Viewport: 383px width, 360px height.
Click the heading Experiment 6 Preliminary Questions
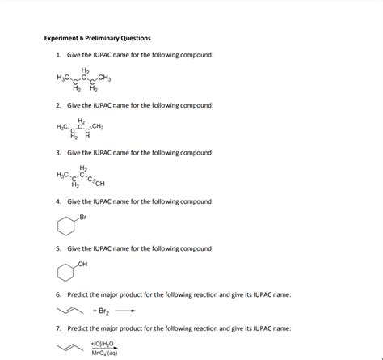(97, 38)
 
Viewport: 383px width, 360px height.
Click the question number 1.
(58, 55)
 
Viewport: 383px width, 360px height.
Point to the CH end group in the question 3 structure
(99, 182)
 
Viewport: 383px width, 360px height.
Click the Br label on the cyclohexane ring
(82, 217)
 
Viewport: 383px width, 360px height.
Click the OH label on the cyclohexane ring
(83, 263)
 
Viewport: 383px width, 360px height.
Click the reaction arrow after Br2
(125, 310)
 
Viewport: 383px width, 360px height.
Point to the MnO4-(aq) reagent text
(105, 353)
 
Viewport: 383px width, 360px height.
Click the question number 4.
(58, 201)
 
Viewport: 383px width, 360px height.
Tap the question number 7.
(58, 329)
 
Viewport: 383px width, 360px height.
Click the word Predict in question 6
(79, 295)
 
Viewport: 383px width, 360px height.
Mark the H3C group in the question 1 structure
(63, 77)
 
